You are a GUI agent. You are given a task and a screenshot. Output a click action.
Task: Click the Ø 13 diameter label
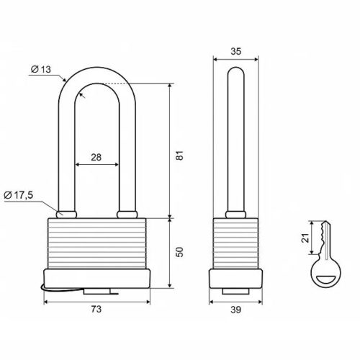point(41,69)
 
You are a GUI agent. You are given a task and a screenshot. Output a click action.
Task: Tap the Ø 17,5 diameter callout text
point(19,195)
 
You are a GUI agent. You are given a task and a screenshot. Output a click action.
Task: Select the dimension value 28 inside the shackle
point(96,158)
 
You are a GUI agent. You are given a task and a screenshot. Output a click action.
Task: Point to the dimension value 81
point(179,156)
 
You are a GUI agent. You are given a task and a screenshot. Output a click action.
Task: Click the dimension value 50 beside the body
point(179,252)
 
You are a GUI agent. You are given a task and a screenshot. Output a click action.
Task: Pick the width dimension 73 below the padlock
point(96,309)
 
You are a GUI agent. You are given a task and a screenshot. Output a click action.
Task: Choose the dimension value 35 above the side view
point(235,51)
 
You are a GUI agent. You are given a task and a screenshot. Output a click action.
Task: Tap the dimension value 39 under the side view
point(235,310)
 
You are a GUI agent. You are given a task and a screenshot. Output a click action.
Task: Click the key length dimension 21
point(305,238)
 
